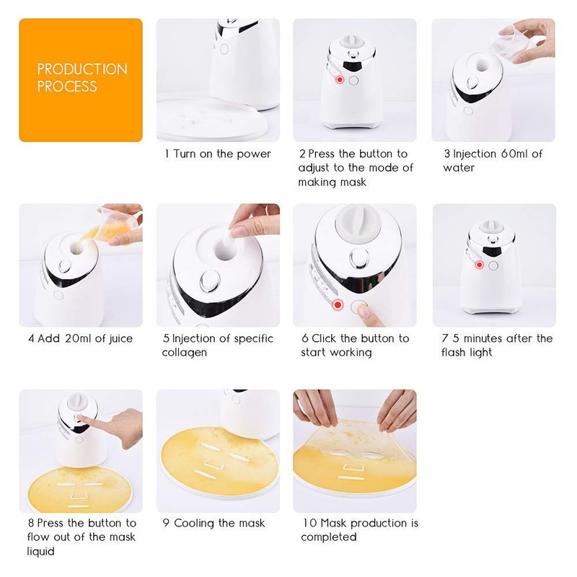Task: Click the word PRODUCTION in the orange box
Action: [82, 69]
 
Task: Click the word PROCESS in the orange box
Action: [67, 87]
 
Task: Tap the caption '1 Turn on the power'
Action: [218, 154]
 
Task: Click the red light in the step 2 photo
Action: [338, 81]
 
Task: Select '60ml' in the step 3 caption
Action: [514, 154]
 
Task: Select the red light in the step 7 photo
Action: [479, 265]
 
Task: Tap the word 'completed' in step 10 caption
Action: [329, 537]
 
